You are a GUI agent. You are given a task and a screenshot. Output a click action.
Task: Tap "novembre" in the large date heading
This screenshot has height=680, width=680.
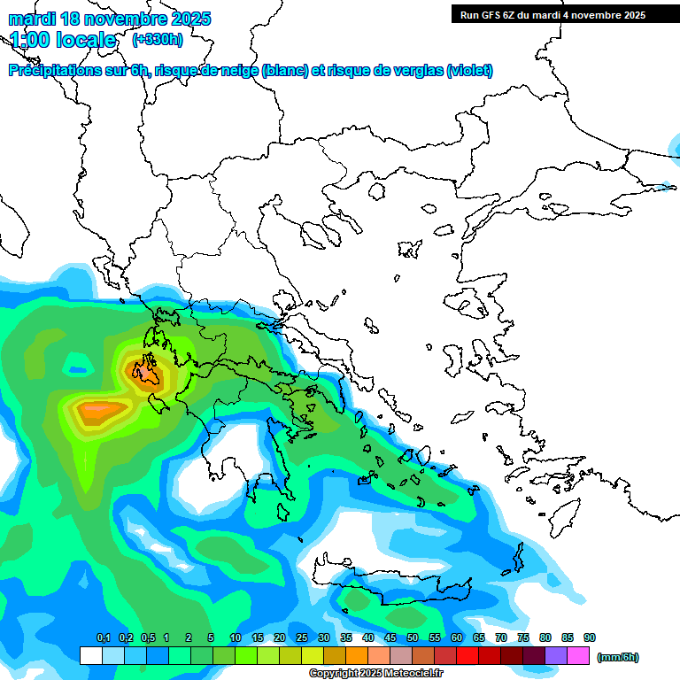click(127, 19)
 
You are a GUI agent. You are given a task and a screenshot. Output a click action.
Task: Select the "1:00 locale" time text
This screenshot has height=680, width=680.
click(64, 40)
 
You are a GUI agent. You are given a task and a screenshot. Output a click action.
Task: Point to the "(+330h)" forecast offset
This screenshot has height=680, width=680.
click(158, 40)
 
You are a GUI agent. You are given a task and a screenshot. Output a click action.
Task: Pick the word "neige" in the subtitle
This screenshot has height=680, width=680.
click(238, 71)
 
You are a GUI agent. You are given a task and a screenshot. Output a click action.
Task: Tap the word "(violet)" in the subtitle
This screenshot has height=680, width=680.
click(469, 71)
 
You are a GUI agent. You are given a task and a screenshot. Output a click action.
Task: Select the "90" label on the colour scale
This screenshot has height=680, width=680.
click(590, 637)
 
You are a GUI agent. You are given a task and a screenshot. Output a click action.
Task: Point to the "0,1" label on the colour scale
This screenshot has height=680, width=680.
click(103, 637)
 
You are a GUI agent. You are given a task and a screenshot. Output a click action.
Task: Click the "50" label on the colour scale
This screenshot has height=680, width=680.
click(413, 637)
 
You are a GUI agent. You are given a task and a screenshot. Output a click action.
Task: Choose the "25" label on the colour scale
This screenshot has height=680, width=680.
click(302, 637)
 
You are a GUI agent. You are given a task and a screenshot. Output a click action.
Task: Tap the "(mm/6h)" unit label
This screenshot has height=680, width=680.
click(618, 657)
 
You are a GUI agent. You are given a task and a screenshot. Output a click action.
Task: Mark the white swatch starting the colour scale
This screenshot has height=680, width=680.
click(90, 655)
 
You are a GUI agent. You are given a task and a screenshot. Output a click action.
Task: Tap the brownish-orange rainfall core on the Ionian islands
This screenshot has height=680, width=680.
click(144, 373)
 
